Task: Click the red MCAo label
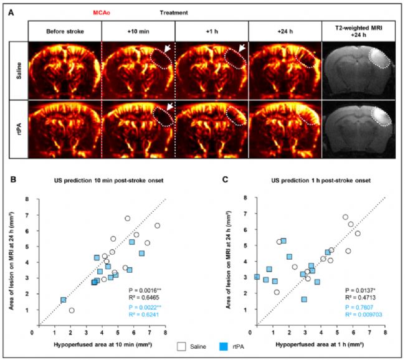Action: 118,12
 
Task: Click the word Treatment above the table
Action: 175,12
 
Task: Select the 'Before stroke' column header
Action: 65,29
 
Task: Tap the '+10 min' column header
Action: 138,29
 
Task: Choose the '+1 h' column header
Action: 211,29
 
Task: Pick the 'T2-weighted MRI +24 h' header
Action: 358,29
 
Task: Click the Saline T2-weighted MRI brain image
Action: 358,70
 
